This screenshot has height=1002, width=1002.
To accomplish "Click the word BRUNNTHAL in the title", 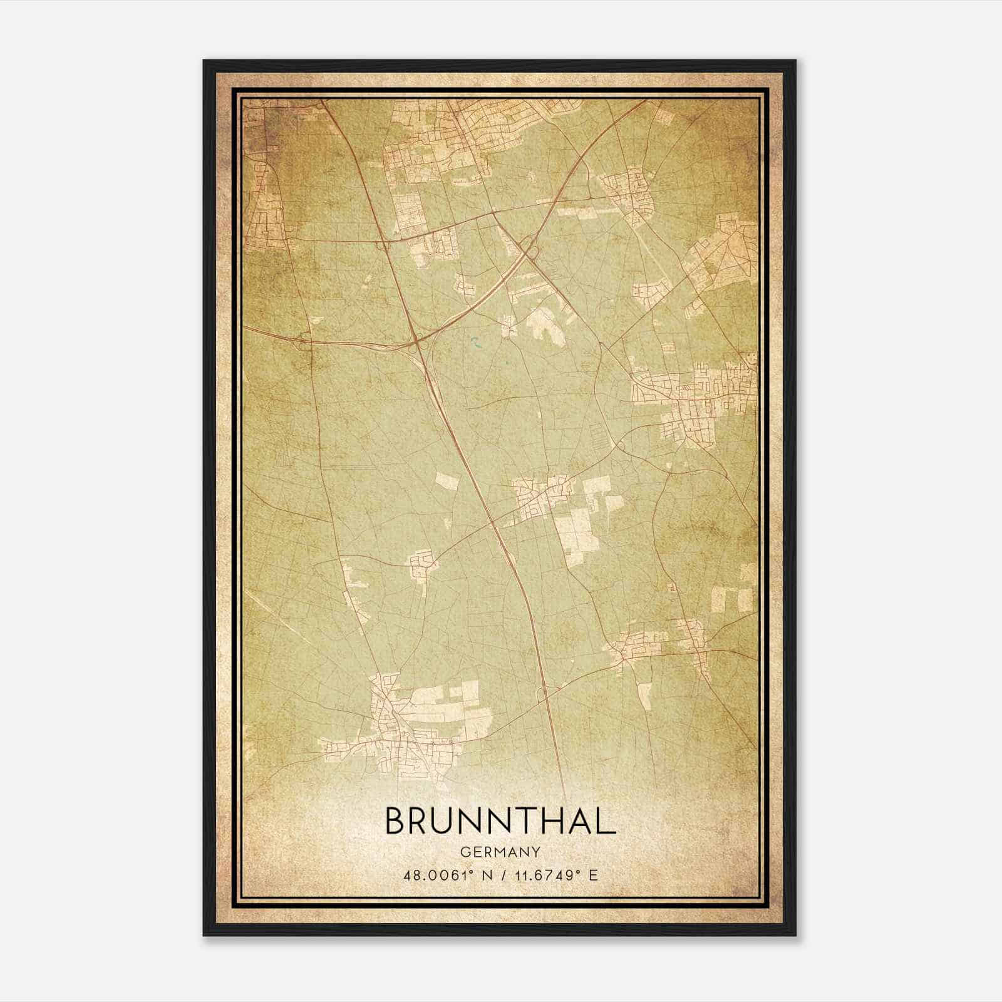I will click(x=500, y=821).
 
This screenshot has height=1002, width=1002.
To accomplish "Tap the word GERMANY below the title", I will click(x=500, y=852).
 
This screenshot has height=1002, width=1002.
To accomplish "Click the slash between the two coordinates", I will click(x=500, y=875).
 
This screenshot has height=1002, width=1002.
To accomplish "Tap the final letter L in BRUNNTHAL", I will click(x=605, y=821).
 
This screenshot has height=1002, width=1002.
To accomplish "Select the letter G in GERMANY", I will click(x=465, y=852).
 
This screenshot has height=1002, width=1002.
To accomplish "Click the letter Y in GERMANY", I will click(x=536, y=852).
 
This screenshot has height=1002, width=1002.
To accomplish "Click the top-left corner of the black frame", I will click(x=205, y=61).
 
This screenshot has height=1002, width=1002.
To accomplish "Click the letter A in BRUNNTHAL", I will click(x=577, y=821).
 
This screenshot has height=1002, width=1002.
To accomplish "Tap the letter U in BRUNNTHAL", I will click(x=450, y=821).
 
